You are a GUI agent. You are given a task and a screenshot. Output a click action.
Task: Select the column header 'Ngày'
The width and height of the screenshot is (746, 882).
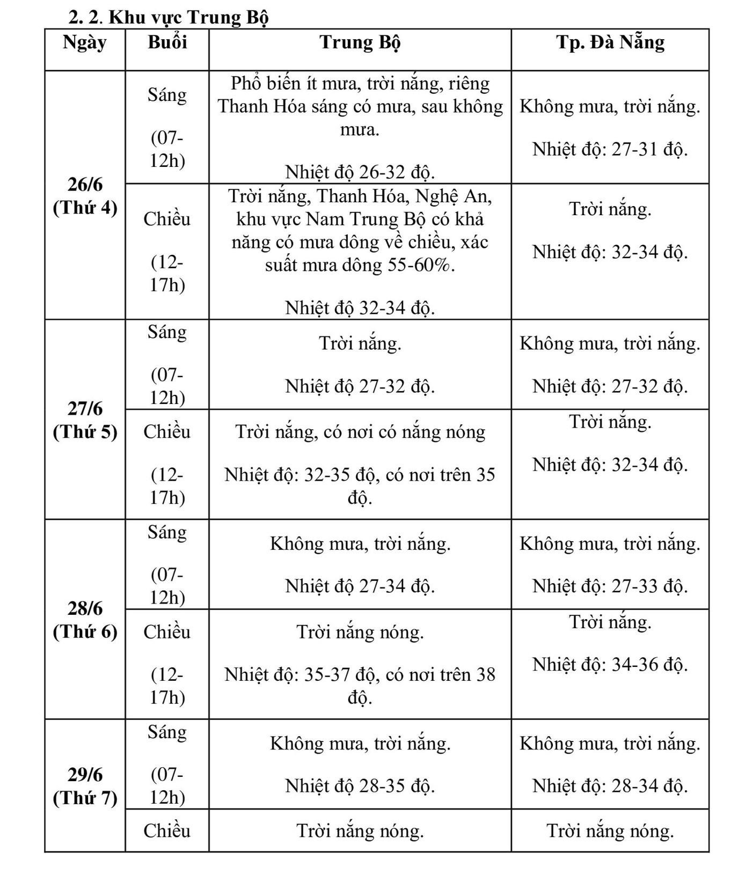coord(85,43)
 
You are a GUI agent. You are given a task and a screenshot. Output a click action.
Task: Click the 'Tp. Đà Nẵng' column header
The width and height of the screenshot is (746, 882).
coord(610,43)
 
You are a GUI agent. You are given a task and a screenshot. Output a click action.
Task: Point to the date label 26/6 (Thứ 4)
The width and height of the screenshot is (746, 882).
coord(85,196)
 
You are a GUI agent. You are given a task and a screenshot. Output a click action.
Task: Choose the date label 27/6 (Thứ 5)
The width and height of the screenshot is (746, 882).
coord(85,420)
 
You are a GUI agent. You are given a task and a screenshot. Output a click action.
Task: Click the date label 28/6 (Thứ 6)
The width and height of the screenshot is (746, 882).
coord(85,620)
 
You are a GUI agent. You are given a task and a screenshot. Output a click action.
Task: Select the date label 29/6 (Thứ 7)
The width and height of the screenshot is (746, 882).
coord(85,786)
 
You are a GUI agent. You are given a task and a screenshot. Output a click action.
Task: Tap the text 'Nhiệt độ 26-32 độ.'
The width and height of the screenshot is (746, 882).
coord(360,172)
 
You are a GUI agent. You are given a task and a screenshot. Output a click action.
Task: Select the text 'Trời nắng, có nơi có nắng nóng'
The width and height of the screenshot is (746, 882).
coord(360,432)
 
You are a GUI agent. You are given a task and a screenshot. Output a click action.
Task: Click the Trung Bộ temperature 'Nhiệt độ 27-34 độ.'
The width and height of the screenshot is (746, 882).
coord(360,586)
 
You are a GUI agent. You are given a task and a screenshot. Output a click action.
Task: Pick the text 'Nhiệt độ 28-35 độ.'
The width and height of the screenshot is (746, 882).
coord(360,786)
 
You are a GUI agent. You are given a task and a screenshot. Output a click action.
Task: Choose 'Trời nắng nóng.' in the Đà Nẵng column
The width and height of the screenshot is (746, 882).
coord(610,831)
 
